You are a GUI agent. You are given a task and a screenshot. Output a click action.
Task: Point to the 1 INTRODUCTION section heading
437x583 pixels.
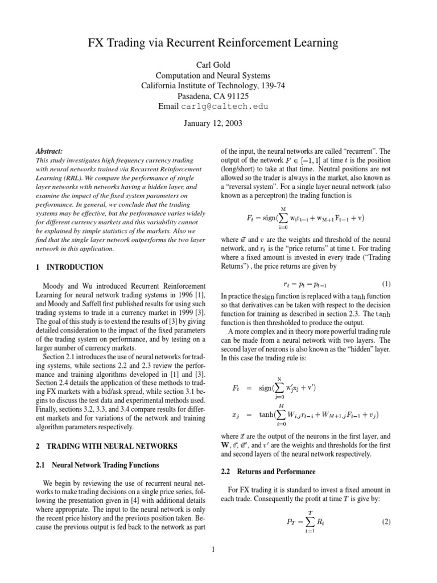69,267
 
